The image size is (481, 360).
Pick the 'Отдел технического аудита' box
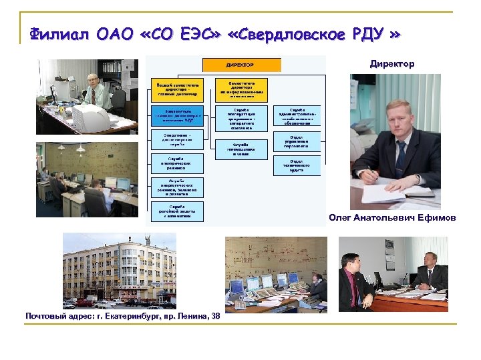coord(297,166)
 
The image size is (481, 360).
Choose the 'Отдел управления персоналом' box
coord(297,141)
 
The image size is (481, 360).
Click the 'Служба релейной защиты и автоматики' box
coord(177,211)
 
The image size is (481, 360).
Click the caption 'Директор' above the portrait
coord(392,64)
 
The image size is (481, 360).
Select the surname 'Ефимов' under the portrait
coord(438,218)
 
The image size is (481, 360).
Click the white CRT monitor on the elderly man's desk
coord(90,119)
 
